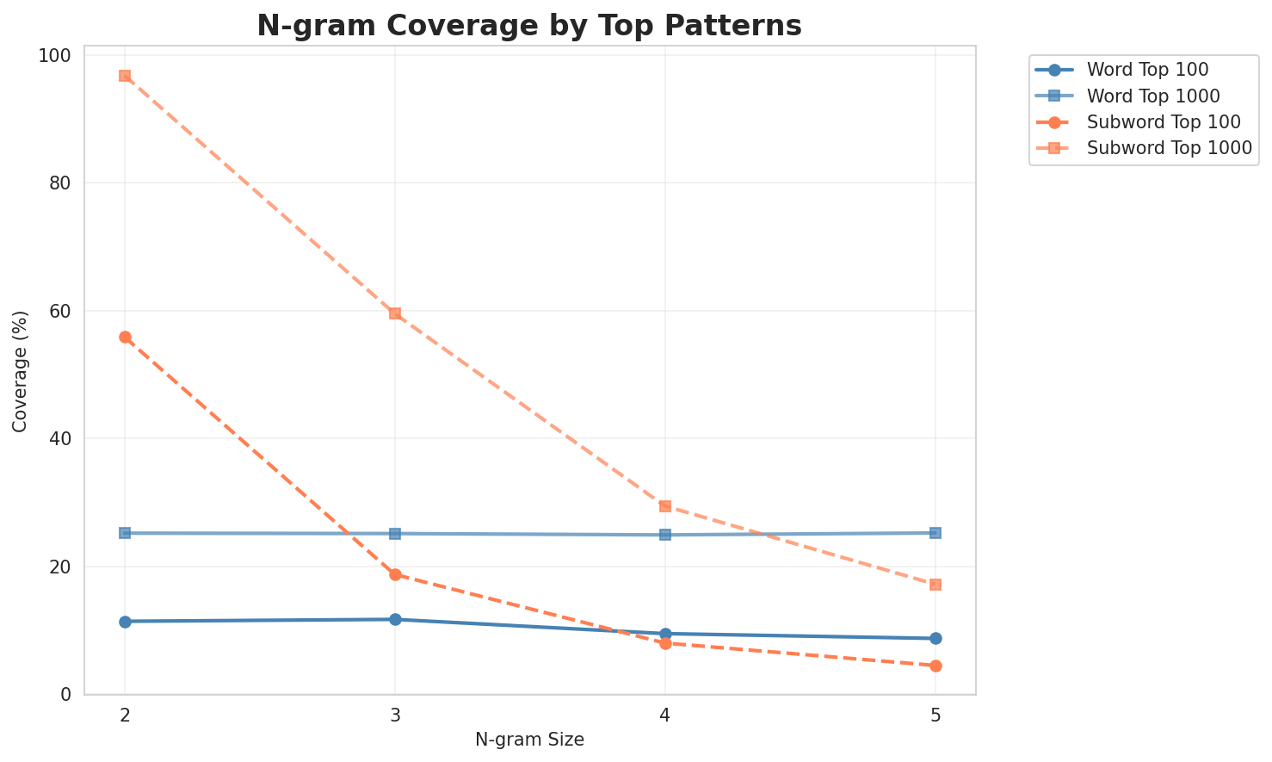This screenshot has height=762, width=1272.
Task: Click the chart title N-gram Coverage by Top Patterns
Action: click(529, 26)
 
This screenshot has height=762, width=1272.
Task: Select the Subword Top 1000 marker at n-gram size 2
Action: click(125, 76)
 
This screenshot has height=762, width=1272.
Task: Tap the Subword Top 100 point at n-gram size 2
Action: click(125, 338)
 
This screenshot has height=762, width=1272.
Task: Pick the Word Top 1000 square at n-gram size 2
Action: click(125, 533)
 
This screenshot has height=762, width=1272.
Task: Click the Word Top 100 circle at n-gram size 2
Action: click(125, 622)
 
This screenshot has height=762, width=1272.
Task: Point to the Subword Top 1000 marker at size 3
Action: click(395, 313)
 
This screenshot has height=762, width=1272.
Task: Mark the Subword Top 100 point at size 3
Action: click(395, 574)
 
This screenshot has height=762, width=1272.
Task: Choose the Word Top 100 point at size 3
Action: click(395, 619)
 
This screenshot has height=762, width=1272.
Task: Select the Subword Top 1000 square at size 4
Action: click(665, 506)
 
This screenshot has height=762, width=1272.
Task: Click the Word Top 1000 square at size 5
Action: click(935, 533)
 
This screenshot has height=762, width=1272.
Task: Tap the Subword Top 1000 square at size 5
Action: click(935, 585)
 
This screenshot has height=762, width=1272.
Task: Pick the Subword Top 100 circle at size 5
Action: click(935, 666)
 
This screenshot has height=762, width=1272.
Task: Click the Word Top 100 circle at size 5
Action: click(935, 638)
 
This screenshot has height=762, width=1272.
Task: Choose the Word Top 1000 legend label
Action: click(1153, 95)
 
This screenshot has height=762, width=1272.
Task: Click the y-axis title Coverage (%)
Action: click(20, 370)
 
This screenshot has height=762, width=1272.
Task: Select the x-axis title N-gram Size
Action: click(529, 740)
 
